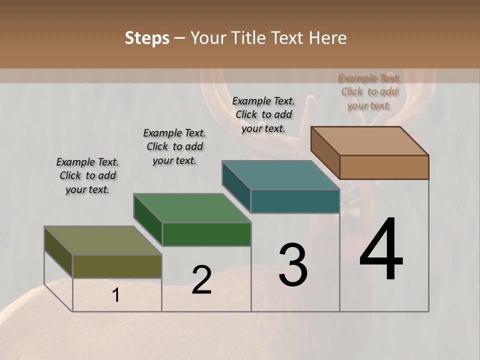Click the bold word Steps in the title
pos(147,38)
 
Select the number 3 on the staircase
pos(293,265)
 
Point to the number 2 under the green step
pos(201,280)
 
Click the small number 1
pos(116,295)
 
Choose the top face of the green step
pos(192,208)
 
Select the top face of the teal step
pos(280,175)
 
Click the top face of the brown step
pos(369,141)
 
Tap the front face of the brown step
pos(384,167)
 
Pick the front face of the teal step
pos(295,201)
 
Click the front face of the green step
pos(206,234)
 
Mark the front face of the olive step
pos(117,266)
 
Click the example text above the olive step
pos(87,175)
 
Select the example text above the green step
pos(174,146)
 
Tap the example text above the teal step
pos(263,114)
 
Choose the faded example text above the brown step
pos(369,91)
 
